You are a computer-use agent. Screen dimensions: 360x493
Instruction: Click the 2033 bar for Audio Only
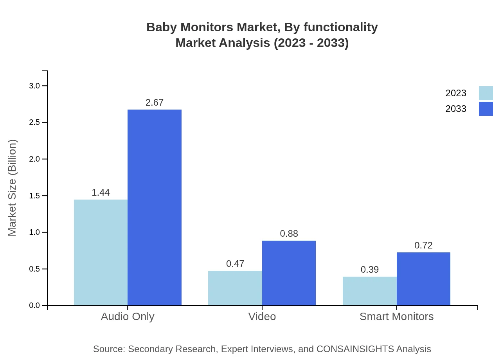point(155,207)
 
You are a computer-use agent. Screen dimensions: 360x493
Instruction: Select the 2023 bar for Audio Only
point(101,252)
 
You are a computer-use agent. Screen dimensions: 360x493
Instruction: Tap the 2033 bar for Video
point(289,273)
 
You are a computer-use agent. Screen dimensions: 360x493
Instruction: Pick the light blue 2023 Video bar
point(235,288)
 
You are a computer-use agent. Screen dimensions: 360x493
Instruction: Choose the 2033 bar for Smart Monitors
point(423,279)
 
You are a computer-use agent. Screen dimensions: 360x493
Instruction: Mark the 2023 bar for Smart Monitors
point(369,291)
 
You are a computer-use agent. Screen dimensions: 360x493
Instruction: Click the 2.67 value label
point(155,103)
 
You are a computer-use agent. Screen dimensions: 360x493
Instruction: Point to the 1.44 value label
point(101,193)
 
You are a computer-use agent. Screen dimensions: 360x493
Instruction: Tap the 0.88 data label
point(289,234)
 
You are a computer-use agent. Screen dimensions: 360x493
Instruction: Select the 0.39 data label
point(369,270)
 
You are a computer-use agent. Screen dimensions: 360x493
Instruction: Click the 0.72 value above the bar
point(423,245)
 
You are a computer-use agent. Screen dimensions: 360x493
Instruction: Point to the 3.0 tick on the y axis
point(35,86)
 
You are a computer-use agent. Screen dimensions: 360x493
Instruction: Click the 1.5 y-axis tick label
point(35,196)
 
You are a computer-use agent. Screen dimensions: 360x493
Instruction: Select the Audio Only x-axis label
point(128,316)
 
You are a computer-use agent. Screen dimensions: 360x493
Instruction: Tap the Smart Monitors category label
point(396,316)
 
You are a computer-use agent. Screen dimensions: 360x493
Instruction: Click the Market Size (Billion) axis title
point(13,188)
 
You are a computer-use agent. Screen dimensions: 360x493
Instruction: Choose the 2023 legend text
point(456,93)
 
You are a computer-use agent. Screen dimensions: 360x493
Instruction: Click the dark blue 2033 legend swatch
point(486,109)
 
